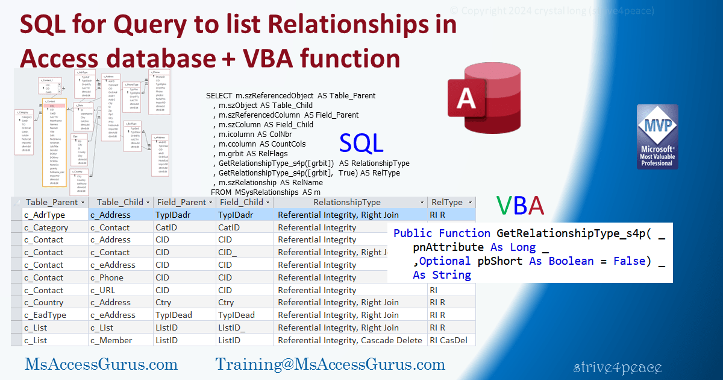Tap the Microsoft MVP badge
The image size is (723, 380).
(657, 137)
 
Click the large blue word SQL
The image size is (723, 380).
(361, 143)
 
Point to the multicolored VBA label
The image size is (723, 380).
(520, 206)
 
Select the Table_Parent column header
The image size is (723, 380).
(52, 203)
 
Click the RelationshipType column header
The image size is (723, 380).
(346, 203)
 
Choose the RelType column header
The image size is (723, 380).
(447, 203)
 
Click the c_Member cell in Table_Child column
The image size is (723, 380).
(111, 340)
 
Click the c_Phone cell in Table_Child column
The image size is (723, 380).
(107, 277)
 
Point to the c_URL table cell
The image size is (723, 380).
(104, 290)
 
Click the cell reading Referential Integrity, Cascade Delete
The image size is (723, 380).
(349, 340)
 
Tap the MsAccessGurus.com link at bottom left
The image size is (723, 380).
(101, 364)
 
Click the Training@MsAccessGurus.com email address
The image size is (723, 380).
(330, 364)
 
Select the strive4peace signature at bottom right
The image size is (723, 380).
(618, 367)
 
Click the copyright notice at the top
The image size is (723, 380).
(552, 10)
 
